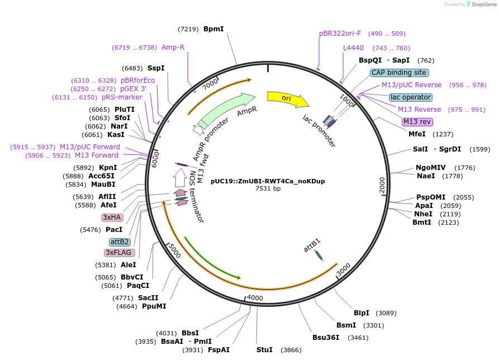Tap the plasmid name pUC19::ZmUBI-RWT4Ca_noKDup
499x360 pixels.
tap(268, 181)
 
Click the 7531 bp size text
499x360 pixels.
tap(268, 189)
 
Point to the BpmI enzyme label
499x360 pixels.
tap(213, 29)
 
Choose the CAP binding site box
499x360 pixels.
tap(399, 73)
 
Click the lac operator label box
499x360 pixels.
tap(411, 97)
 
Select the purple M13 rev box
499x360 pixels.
tap(417, 122)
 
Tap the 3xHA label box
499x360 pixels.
tap(111, 217)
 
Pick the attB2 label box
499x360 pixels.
tap(120, 242)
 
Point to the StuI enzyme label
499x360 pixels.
tap(264, 350)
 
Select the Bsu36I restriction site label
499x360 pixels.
tap(326, 338)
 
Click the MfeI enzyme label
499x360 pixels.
tap(417, 134)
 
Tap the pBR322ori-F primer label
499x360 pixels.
tap(340, 34)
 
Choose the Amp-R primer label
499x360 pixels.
tap(173, 48)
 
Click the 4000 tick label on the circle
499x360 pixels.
tap(255, 298)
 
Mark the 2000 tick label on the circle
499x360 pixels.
tap(382, 184)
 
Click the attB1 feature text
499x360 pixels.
tap(312, 246)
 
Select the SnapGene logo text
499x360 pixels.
tap(484, 4)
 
